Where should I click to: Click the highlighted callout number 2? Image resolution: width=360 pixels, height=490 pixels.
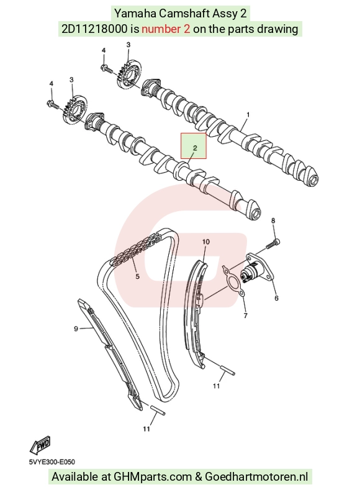[x=195, y=148]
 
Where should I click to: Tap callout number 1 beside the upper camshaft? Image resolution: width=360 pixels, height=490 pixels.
[x=248, y=115]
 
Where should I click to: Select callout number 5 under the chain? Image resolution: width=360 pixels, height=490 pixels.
[x=137, y=276]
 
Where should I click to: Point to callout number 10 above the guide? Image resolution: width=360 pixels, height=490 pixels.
[x=206, y=242]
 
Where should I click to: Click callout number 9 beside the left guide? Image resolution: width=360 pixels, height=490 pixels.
[x=76, y=329]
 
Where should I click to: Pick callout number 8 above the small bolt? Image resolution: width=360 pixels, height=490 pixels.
[x=273, y=220]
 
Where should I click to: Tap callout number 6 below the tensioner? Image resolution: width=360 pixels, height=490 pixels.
[x=276, y=298]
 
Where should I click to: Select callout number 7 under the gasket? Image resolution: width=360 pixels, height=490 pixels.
[x=245, y=315]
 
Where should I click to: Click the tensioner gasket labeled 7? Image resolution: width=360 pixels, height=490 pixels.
[x=233, y=279]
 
